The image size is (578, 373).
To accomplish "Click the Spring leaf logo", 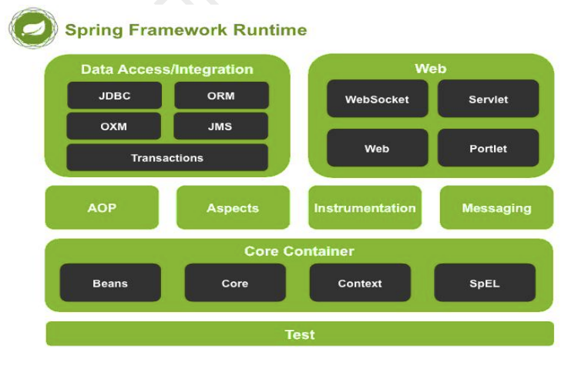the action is [33, 28].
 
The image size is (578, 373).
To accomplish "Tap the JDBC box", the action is [114, 96].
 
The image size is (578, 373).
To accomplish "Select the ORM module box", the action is [221, 96].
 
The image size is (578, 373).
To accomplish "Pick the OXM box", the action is [113, 126].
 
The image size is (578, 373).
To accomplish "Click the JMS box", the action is [220, 126].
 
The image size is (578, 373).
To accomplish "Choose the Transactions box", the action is [167, 157].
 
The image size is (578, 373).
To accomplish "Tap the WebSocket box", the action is [377, 99].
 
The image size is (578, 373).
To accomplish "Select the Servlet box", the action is [488, 99].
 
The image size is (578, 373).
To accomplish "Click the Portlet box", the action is [488, 148].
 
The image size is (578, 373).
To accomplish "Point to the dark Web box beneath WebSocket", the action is [377, 148].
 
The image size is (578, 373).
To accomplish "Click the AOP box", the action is [102, 207].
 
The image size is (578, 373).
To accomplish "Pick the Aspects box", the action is [233, 207].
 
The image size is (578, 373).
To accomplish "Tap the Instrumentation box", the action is [365, 207].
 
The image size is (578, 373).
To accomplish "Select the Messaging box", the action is [496, 207].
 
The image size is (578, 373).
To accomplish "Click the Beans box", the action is [110, 283].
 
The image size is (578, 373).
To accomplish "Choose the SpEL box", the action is [485, 283].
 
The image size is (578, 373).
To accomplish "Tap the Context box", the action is [360, 283].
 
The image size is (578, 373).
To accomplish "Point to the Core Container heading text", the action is [299, 251].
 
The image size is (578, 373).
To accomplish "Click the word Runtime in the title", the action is [271, 30].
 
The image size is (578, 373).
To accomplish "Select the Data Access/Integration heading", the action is [167, 69].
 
